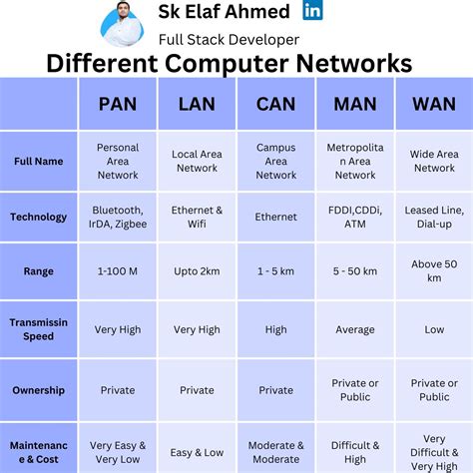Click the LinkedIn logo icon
[312, 11]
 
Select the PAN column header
[118, 104]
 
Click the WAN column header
[434, 104]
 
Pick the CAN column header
[275, 104]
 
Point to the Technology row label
[39, 217]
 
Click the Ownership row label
[39, 390]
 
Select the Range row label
[39, 271]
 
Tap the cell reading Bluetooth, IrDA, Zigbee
[118, 217]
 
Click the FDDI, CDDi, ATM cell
[355, 217]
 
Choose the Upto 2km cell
[197, 271]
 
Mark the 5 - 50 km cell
[355, 271]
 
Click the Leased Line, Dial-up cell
[434, 217]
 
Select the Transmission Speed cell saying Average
[355, 329]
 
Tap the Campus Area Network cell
[275, 161]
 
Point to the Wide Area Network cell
[434, 161]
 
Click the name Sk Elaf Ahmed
[224, 12]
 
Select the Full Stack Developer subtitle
[229, 39]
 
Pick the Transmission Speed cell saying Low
[434, 329]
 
